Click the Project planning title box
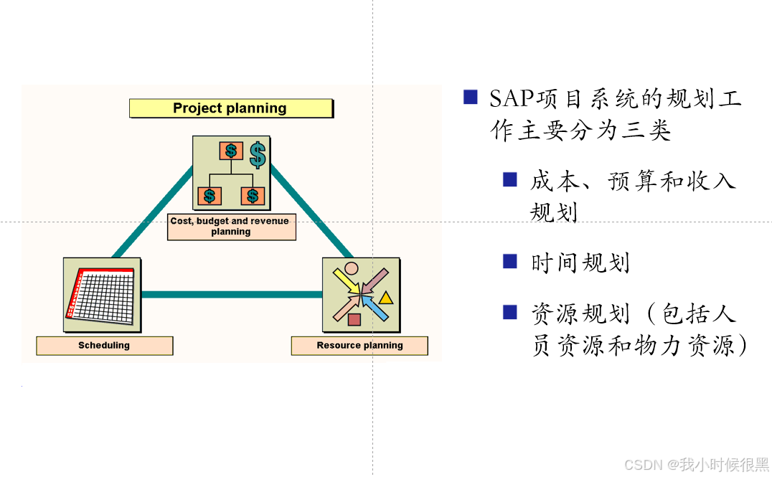pos(230,108)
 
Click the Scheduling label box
pos(104,346)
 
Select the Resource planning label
pos(359,346)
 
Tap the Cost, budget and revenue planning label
pos(231,226)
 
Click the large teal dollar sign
pos(258,154)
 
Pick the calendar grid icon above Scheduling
pos(102,295)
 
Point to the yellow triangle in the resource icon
pos(386,297)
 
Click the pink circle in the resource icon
pos(351,269)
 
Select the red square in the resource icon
pos(354,319)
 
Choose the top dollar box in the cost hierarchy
pos(230,151)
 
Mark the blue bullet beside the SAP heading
pos(471,98)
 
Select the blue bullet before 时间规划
pos(510,261)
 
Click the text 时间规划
pos(580,263)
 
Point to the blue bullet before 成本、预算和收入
pos(510,179)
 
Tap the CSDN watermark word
pos(643,465)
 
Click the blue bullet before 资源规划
pos(510,312)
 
